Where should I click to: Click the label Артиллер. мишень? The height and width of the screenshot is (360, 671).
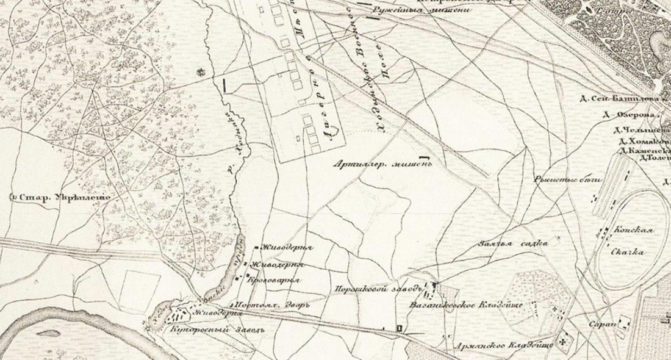(383, 164)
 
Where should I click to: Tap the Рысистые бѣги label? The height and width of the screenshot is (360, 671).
(567, 179)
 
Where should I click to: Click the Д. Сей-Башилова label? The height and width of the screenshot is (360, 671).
(628, 98)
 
